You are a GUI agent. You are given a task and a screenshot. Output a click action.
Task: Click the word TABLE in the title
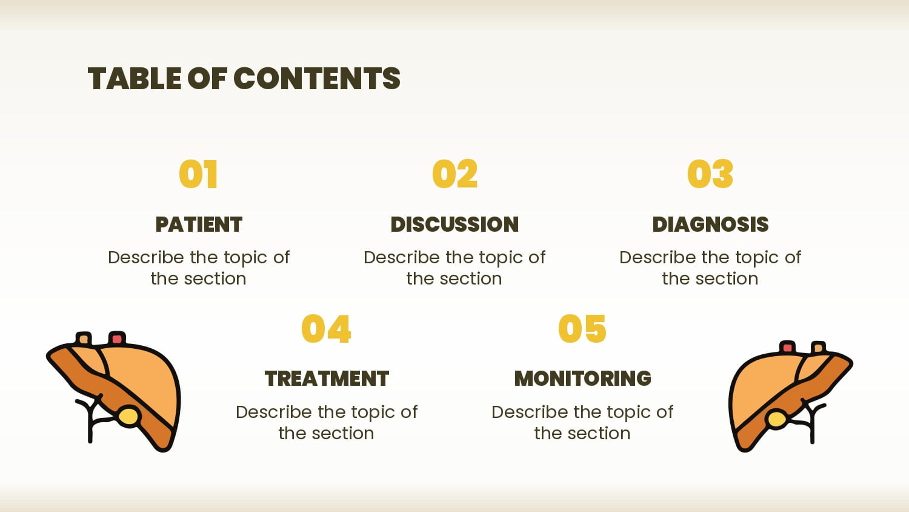point(135,78)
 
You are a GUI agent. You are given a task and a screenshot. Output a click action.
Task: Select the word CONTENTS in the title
point(317,78)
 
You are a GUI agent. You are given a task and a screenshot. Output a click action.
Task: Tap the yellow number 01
point(198,174)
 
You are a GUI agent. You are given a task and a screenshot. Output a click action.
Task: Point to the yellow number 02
point(454,174)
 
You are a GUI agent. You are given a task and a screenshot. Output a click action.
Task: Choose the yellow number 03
point(710,174)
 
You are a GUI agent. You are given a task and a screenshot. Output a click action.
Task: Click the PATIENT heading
point(199,224)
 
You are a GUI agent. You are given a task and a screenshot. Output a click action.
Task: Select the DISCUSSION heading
point(454,224)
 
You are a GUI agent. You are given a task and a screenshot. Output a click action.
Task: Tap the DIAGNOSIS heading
point(710,224)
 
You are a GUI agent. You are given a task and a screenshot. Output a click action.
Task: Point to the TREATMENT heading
point(327,379)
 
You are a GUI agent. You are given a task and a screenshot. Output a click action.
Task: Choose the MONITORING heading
point(583,379)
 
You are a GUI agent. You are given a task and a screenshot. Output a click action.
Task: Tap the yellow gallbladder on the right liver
point(777,419)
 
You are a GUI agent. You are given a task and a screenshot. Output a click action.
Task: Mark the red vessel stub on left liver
point(117,338)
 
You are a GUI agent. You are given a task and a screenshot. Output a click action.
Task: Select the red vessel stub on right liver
point(788,347)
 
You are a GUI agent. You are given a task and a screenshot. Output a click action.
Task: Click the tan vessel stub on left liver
point(84,339)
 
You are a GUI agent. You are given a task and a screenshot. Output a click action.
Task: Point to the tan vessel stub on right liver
point(818,348)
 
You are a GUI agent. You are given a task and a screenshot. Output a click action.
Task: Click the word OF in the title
point(207,78)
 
